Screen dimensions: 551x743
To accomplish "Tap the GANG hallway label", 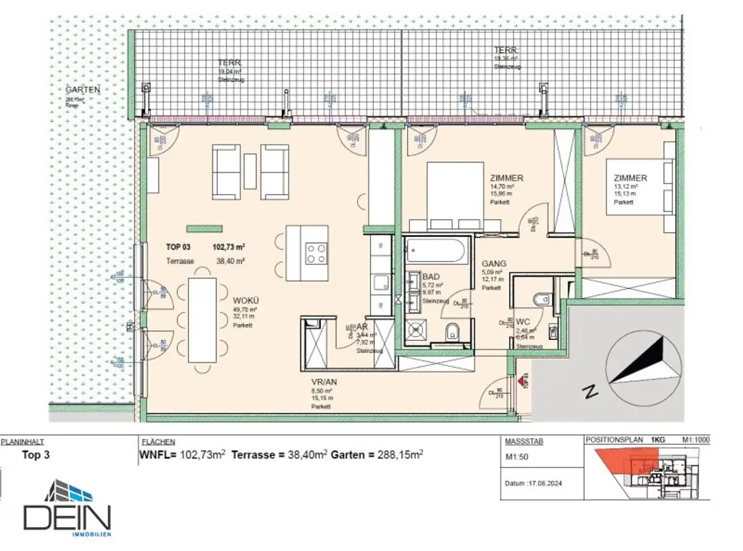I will [x=493, y=264].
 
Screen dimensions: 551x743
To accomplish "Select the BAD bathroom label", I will [x=430, y=276].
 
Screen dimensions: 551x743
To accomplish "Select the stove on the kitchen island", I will [x=316, y=252].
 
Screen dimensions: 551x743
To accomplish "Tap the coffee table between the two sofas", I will [x=250, y=171].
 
